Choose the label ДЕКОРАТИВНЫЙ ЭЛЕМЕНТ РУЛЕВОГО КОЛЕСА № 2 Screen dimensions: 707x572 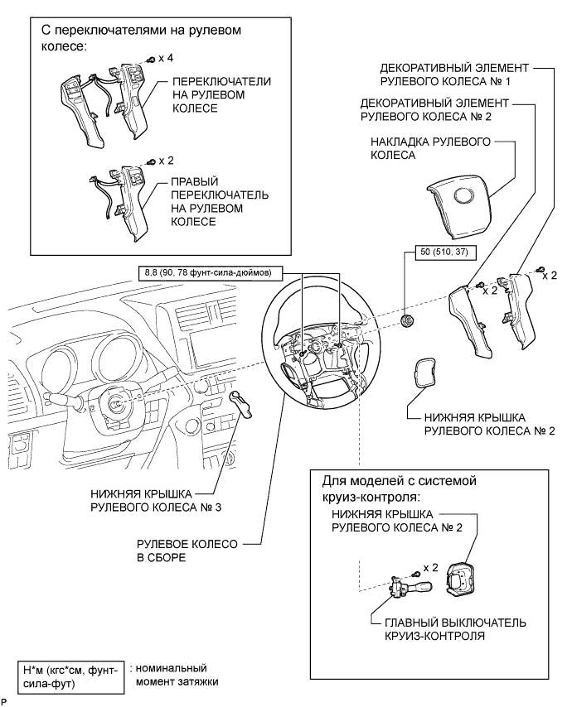point(434,110)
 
